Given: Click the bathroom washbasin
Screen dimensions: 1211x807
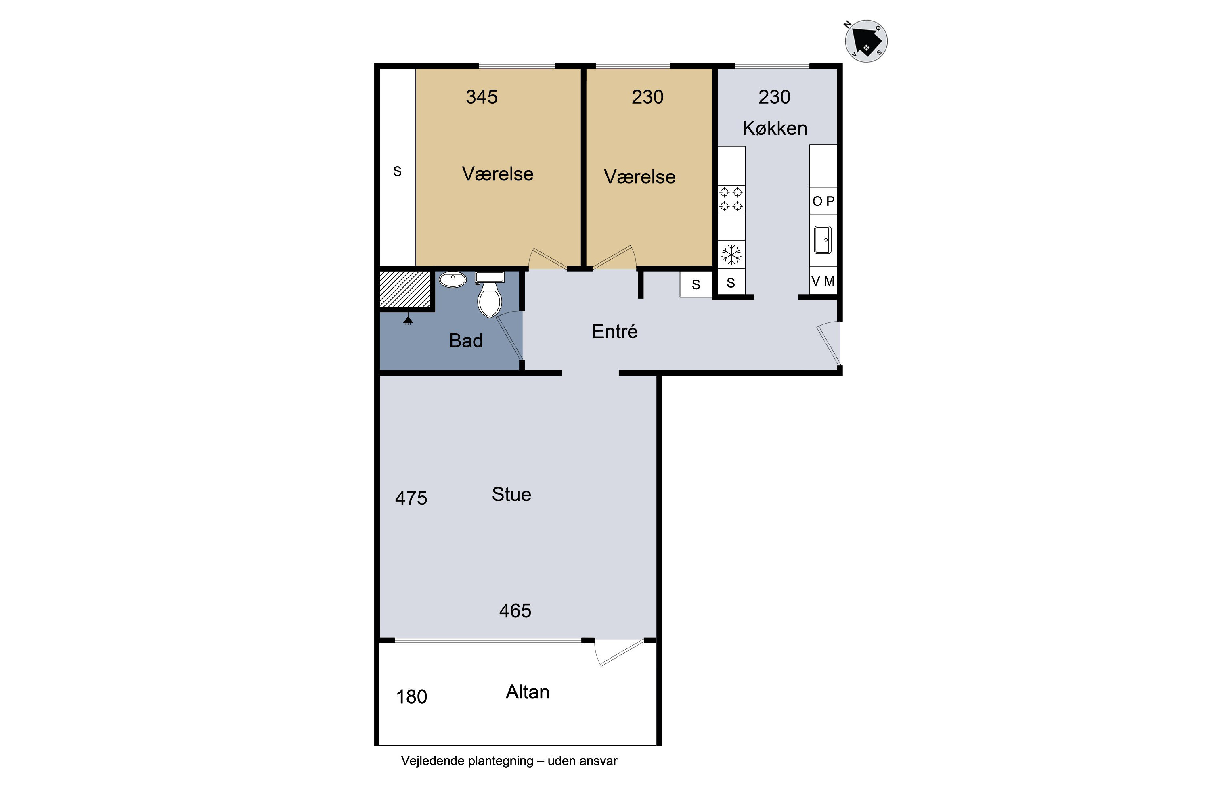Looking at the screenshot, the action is coord(453,280).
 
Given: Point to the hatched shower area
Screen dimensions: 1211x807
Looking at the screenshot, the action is coord(405,289).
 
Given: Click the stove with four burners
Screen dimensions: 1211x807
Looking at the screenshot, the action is coord(731,200).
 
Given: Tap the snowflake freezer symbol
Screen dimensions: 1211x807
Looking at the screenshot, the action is coord(731,255).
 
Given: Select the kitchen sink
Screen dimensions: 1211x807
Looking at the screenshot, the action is coord(823,240).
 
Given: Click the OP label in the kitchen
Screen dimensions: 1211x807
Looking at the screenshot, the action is coord(823,201).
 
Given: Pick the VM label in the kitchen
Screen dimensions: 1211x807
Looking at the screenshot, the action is coord(823,281).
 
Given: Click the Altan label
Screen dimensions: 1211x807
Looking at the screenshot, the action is coord(527,692).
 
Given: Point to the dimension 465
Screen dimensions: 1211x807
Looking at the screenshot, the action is coord(515,611).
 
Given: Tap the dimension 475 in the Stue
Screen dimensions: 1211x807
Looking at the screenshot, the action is coord(411,498).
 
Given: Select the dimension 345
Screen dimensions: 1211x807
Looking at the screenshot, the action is coord(482,97).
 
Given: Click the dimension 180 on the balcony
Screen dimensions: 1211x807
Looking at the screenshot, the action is coord(411,697).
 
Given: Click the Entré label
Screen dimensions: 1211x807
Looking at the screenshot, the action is coord(615,331).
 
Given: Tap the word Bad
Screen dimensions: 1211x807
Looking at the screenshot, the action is coord(466,341).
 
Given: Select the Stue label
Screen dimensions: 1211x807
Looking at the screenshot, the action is coord(511,495).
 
